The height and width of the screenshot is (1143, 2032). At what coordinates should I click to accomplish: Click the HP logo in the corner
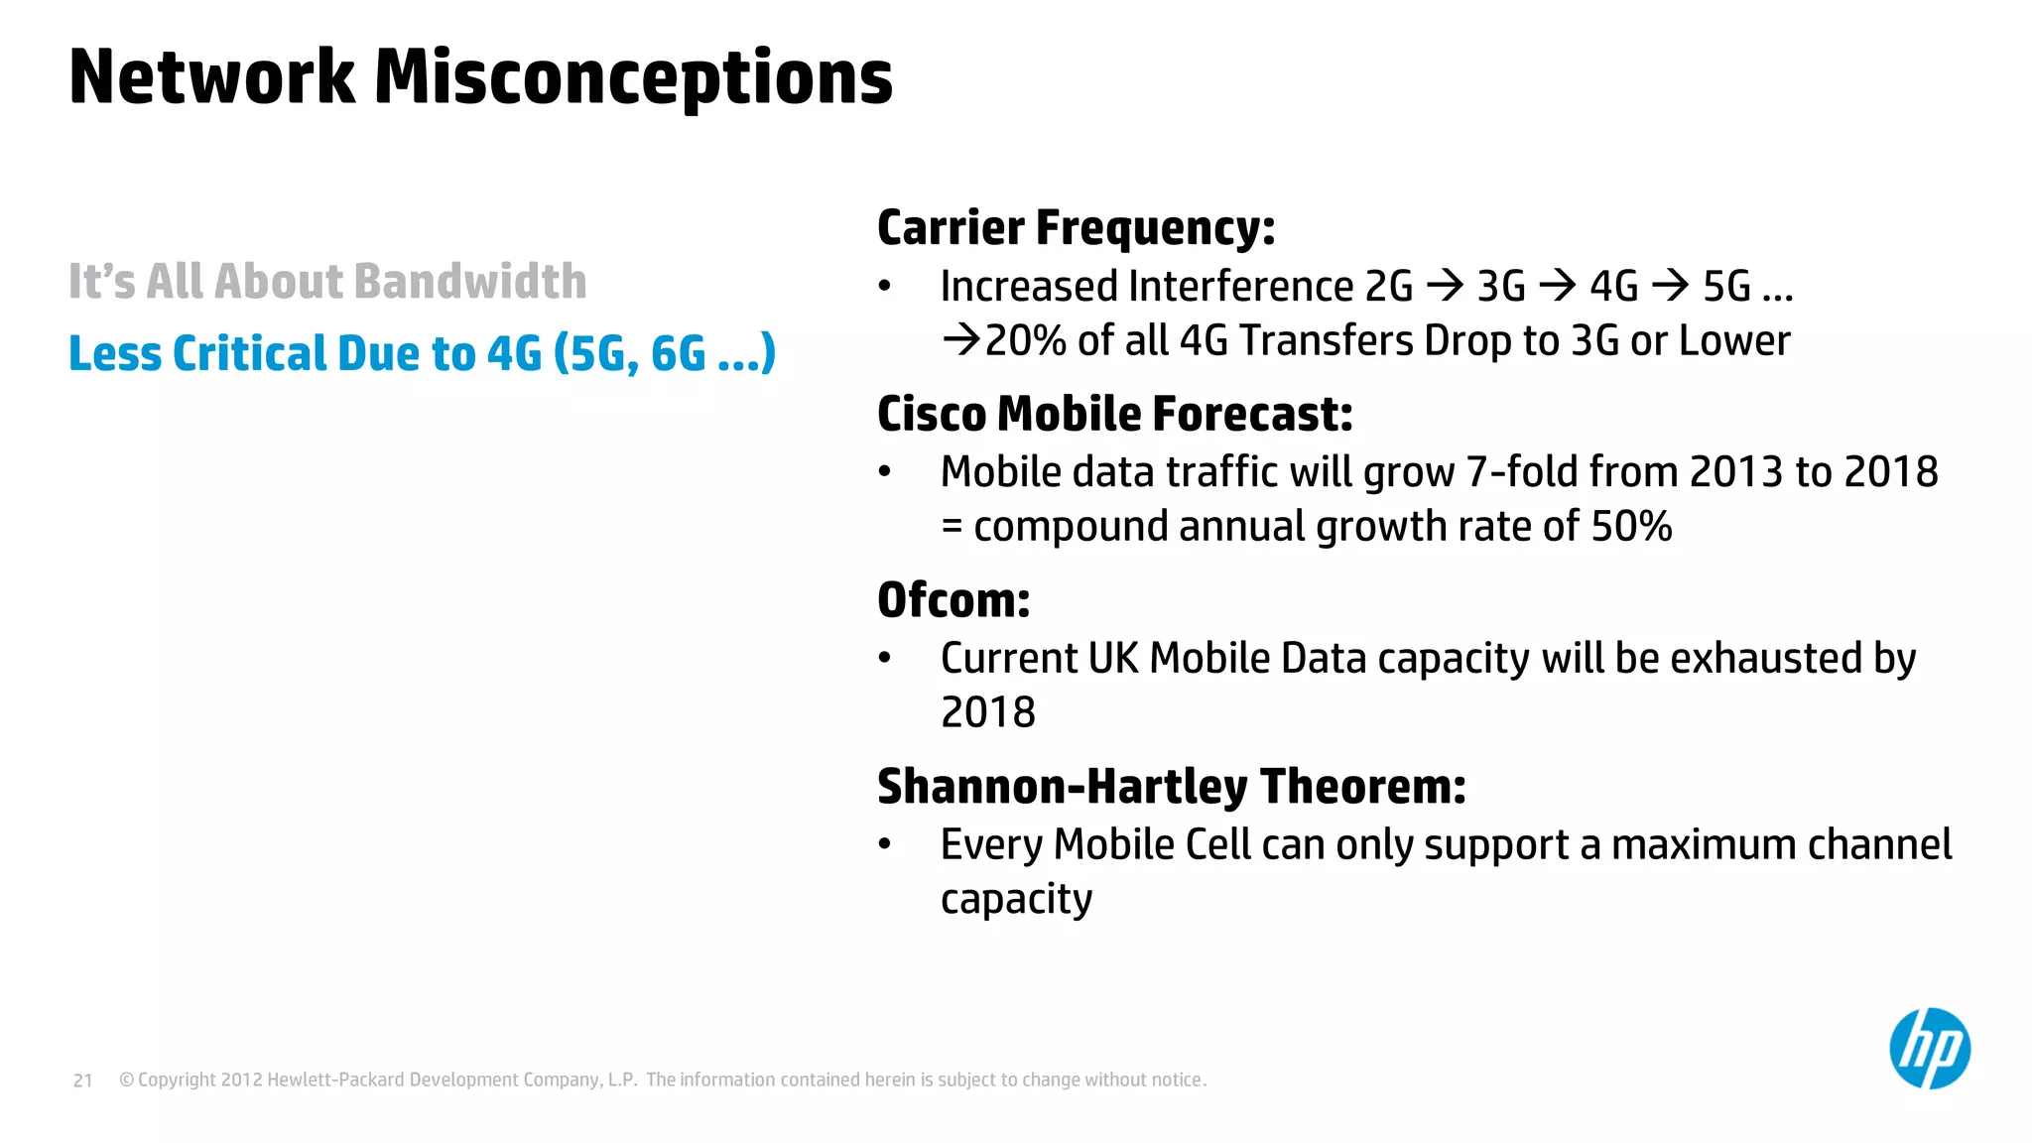pyautogui.click(x=1929, y=1049)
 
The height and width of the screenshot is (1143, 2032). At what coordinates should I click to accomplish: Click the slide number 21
pyautogui.click(x=83, y=1080)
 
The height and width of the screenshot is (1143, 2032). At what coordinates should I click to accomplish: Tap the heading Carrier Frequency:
pyautogui.click(x=1076, y=228)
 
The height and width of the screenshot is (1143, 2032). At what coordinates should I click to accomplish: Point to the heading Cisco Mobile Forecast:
pyautogui.click(x=1114, y=414)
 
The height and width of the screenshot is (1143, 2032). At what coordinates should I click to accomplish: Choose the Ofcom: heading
pyautogui.click(x=953, y=600)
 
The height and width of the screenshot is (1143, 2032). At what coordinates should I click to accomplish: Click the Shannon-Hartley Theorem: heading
pyautogui.click(x=1171, y=787)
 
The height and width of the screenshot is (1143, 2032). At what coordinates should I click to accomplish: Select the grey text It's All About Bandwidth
pyautogui.click(x=327, y=282)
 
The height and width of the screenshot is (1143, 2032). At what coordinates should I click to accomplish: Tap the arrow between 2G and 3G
pyautogui.click(x=1445, y=287)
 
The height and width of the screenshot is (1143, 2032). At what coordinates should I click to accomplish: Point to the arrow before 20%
pyautogui.click(x=960, y=341)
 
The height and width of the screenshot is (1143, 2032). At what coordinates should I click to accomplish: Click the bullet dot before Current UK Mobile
pyautogui.click(x=885, y=659)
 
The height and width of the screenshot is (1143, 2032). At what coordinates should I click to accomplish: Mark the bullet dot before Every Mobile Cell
pyautogui.click(x=885, y=845)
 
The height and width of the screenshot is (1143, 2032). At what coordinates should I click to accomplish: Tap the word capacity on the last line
pyautogui.click(x=1016, y=900)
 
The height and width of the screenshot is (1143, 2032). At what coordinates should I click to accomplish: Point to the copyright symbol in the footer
pyautogui.click(x=126, y=1080)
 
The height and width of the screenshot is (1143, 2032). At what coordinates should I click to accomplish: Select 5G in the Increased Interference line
pyautogui.click(x=1726, y=287)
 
